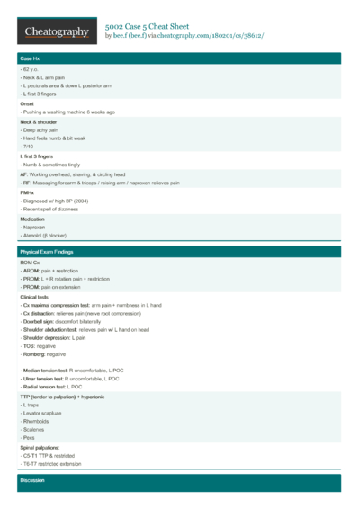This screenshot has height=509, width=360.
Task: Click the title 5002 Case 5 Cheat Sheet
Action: pyautogui.click(x=153, y=28)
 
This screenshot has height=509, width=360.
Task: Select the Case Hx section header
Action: pyautogui.click(x=30, y=58)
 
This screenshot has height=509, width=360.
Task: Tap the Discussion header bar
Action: pyautogui.click(x=33, y=481)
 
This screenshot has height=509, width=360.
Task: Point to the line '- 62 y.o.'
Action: pyautogui.click(x=31, y=69)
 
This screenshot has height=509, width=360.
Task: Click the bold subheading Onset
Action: pyautogui.click(x=27, y=103)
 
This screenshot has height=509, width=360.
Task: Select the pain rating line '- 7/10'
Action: pyautogui.click(x=28, y=147)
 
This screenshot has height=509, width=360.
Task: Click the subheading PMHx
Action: pyautogui.click(x=27, y=192)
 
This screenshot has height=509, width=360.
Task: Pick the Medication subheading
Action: pyautogui.click(x=33, y=219)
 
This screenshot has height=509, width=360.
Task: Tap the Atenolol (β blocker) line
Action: pyautogui.click(x=46, y=236)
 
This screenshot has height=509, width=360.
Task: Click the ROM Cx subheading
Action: pyautogui.click(x=30, y=262)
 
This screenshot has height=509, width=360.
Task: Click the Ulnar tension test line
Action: pyautogui.click(x=68, y=379)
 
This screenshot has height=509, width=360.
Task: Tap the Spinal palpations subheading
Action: pyautogui.click(x=40, y=447)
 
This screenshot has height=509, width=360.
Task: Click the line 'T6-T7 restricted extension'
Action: pyautogui.click(x=50, y=464)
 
